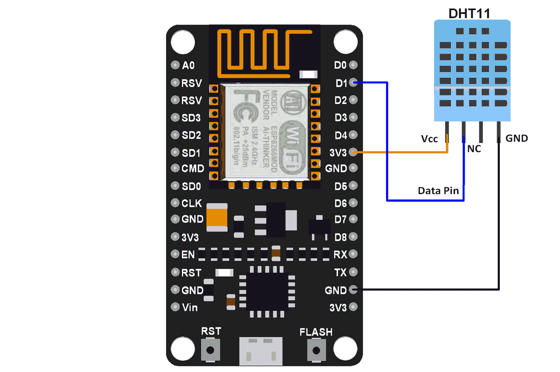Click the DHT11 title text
469,14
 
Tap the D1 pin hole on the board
353,83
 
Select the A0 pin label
188,65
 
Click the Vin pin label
190,308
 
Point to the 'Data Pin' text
438,191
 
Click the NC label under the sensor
474,149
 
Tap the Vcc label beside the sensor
429,139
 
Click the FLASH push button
316,350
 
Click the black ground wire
427,289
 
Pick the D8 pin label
340,237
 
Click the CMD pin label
192,169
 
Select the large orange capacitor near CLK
217,218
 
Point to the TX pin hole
353,272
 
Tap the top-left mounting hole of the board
182,42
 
